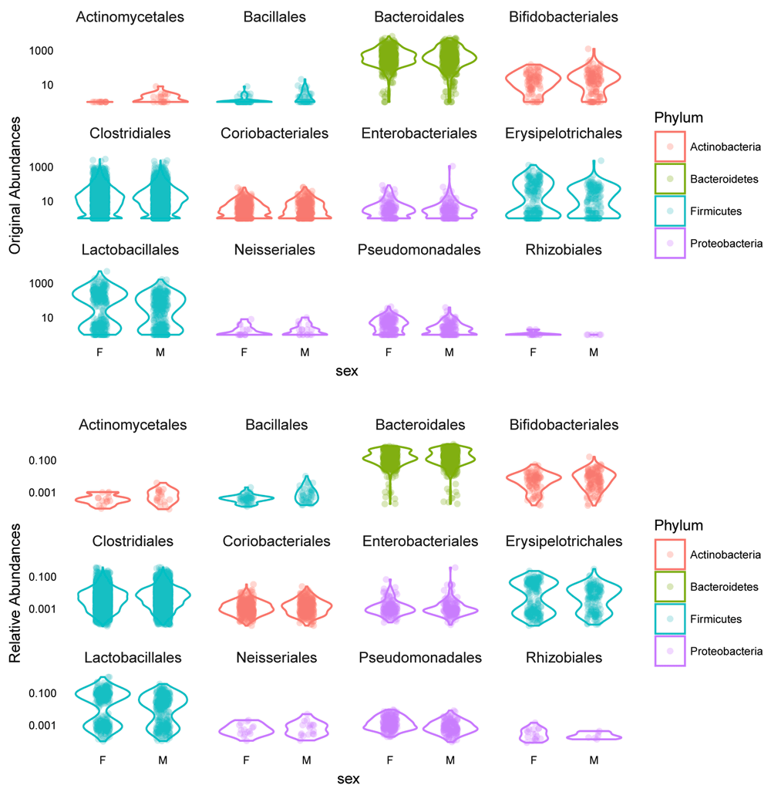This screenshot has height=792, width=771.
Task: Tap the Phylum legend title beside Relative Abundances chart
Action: coord(678,525)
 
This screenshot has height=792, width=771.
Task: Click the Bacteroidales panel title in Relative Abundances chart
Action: coord(419,425)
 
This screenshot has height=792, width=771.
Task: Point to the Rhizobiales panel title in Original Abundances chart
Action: coord(564,249)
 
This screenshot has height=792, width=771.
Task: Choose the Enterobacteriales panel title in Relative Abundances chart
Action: coord(419,541)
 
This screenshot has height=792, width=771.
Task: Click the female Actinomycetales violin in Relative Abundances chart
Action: coord(102,498)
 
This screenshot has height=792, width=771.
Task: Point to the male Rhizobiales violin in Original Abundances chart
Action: coord(593,335)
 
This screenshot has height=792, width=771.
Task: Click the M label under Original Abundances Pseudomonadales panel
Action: coord(449,352)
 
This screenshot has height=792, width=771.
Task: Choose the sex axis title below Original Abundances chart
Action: coord(347,371)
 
